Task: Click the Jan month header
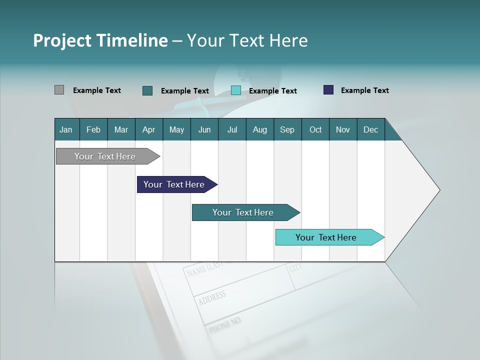coord(66,129)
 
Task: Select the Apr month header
coord(149,129)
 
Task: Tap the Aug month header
coord(259,129)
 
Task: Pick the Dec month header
coord(370,129)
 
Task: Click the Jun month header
coord(204,129)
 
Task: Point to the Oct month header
coord(315,129)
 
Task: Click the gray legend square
coord(59,90)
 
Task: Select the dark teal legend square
coord(147,90)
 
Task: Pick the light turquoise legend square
coord(236,90)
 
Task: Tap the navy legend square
coord(328,90)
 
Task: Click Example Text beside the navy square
coord(364,90)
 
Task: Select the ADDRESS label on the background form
coord(212,298)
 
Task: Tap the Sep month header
coord(287,129)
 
